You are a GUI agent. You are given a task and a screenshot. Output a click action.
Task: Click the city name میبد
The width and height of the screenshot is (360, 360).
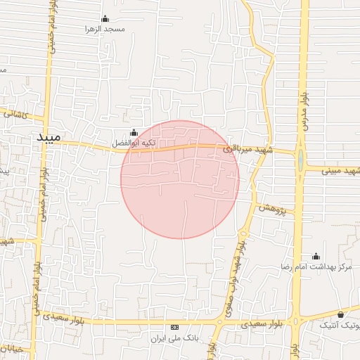pyautogui.click(x=49, y=136)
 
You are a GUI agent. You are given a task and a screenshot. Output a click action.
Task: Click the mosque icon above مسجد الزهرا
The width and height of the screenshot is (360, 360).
pyautogui.click(x=105, y=18)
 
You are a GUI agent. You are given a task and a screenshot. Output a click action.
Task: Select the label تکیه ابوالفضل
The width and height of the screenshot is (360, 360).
pyautogui.click(x=134, y=143)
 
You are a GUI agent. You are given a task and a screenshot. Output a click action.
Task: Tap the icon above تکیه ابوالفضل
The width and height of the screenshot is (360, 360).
pyautogui.click(x=134, y=132)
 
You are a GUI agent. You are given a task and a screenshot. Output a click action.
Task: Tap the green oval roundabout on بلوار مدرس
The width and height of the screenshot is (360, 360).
pyautogui.click(x=301, y=161)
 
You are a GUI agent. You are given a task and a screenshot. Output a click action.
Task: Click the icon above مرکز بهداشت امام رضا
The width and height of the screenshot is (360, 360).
pyautogui.click(x=316, y=256)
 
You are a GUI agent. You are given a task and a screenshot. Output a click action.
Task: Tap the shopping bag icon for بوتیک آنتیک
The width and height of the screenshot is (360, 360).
pyautogui.click(x=341, y=314)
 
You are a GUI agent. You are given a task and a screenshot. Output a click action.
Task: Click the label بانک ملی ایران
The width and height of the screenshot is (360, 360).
pyautogui.click(x=174, y=338)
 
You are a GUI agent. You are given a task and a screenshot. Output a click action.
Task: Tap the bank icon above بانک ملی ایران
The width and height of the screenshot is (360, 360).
pyautogui.click(x=174, y=328)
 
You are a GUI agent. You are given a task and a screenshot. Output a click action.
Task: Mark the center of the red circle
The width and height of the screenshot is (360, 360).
pyautogui.click(x=180, y=180)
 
